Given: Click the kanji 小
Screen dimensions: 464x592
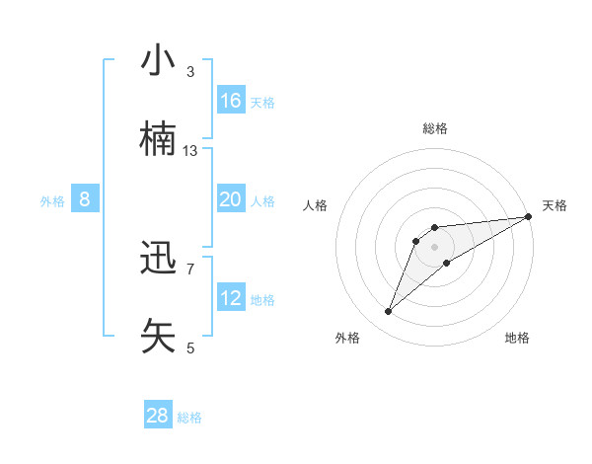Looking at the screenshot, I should tap(159, 61).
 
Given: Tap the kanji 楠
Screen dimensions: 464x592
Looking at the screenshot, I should tap(159, 139).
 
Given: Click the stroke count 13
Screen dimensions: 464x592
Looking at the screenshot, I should tap(190, 151).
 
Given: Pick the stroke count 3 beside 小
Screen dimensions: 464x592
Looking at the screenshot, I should tap(190, 72).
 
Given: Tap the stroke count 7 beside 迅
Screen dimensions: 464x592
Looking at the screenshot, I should tap(190, 269).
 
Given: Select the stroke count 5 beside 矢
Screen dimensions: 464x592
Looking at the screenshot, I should tap(190, 348).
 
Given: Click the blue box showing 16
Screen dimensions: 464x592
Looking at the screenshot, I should tap(231, 101).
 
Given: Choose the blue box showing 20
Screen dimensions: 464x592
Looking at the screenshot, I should tap(231, 199).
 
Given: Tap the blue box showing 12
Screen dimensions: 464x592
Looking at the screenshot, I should tap(231, 298).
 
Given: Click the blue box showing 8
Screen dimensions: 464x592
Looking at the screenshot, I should tap(85, 199).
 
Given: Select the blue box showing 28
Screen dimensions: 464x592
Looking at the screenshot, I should tap(158, 416).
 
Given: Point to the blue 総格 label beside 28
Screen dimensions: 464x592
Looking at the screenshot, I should tap(190, 418).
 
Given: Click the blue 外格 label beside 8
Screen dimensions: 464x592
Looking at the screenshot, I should tap(52, 201).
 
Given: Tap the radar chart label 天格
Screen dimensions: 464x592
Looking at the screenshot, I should tap(555, 205).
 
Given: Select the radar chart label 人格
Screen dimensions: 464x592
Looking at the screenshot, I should tap(316, 205).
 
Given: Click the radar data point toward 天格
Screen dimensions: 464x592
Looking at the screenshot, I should tap(528, 217).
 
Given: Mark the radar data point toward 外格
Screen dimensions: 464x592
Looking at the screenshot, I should tap(389, 312).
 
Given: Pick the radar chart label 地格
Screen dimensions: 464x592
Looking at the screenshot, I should tap(517, 338).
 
